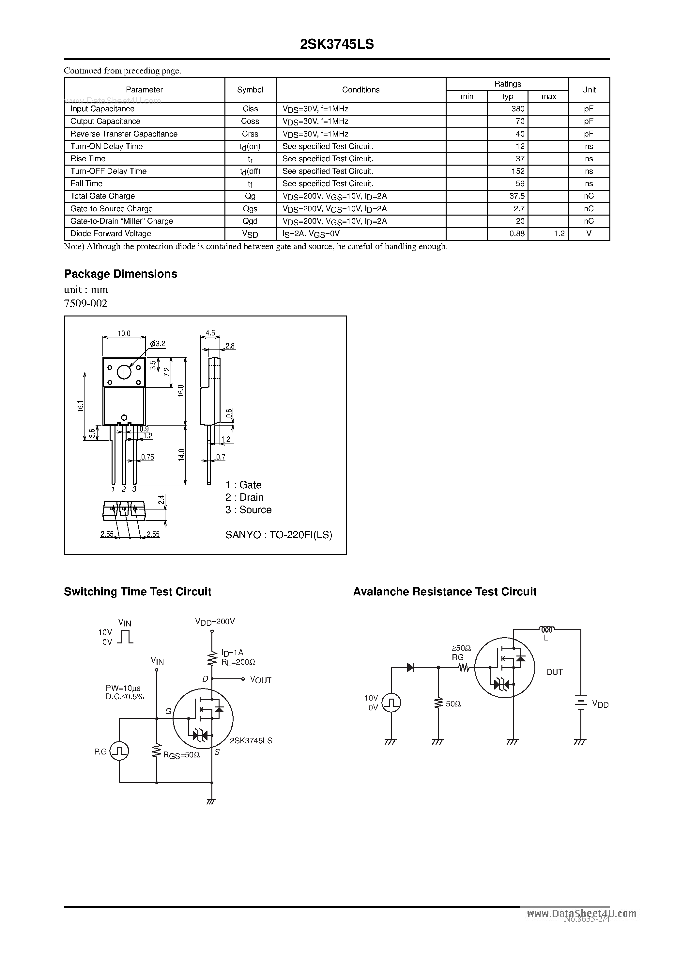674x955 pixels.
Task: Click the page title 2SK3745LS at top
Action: click(337, 44)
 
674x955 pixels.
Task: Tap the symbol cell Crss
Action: click(250, 134)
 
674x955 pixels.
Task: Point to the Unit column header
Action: click(589, 90)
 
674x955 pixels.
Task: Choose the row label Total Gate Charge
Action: click(103, 196)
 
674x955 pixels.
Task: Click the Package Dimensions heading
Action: click(120, 274)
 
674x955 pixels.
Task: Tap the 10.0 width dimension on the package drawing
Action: click(124, 333)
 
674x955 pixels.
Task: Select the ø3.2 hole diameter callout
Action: click(158, 344)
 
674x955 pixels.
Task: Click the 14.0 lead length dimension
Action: click(181, 455)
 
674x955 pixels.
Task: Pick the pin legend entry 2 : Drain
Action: click(244, 497)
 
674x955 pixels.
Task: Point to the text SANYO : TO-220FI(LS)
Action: click(278, 535)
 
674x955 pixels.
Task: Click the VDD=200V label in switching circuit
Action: click(215, 622)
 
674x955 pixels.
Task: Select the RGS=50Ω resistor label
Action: click(182, 755)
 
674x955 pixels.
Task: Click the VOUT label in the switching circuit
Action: click(261, 680)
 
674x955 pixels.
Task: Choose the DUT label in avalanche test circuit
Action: click(554, 672)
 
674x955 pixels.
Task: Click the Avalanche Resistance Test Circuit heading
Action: click(445, 592)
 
